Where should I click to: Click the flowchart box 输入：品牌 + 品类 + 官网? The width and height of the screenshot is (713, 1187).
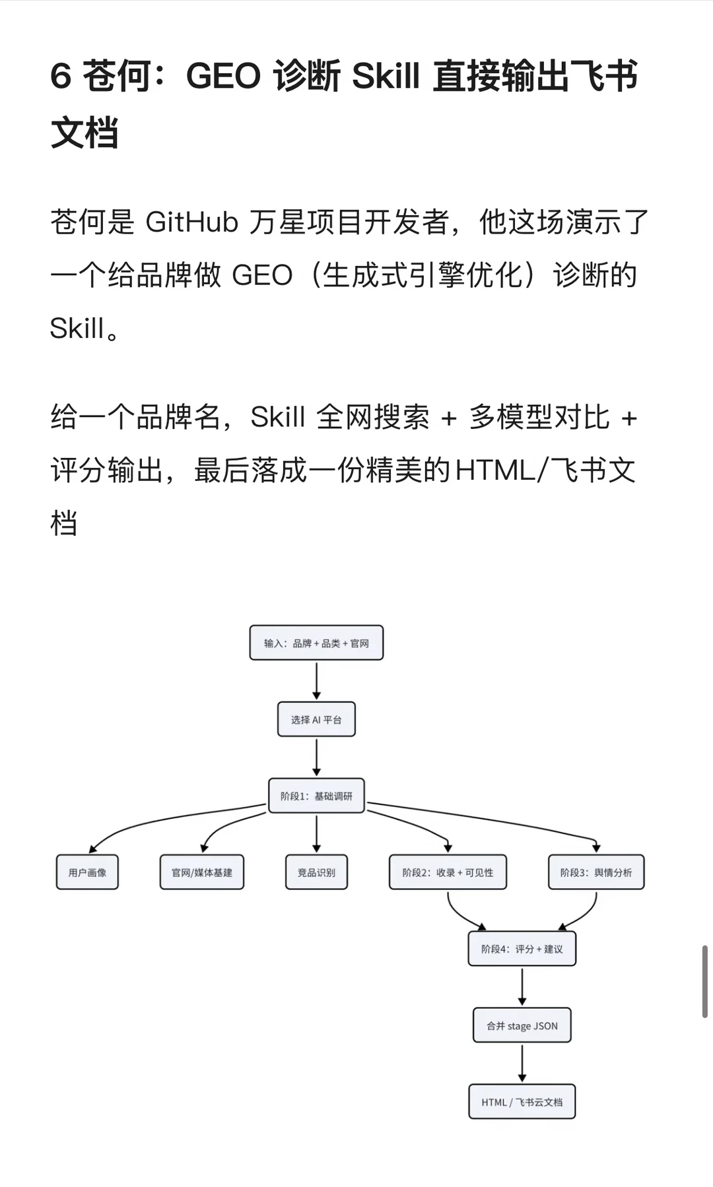(x=316, y=643)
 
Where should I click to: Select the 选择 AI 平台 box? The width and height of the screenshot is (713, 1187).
(x=316, y=719)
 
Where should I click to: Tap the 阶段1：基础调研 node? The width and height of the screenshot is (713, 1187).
(x=316, y=796)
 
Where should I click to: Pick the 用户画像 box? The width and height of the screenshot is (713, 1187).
(x=87, y=872)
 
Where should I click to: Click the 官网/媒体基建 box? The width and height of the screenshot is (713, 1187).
(x=202, y=872)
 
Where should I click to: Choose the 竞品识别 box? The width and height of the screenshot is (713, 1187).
(x=316, y=872)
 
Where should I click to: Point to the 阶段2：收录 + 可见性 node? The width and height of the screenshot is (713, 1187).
(x=448, y=872)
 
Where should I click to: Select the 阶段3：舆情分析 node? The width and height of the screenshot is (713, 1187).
(x=596, y=872)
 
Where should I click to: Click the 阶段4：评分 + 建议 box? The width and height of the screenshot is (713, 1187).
(x=522, y=949)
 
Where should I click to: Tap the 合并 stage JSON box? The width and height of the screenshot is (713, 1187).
(x=522, y=1025)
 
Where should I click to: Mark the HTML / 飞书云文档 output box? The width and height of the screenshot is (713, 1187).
(x=522, y=1102)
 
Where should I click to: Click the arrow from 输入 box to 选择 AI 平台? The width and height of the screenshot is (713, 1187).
(x=316, y=681)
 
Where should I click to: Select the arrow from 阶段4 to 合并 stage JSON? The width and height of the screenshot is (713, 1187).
(x=522, y=987)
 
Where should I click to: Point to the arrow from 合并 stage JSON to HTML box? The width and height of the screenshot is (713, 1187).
(x=522, y=1064)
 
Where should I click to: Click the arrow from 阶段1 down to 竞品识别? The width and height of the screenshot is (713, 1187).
(x=316, y=834)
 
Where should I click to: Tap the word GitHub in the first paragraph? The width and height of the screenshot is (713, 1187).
(x=191, y=222)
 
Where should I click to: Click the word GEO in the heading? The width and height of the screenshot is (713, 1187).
(x=223, y=75)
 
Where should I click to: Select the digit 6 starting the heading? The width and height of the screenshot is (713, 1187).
(x=61, y=75)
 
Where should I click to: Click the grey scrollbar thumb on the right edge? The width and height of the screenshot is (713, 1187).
(x=705, y=981)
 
